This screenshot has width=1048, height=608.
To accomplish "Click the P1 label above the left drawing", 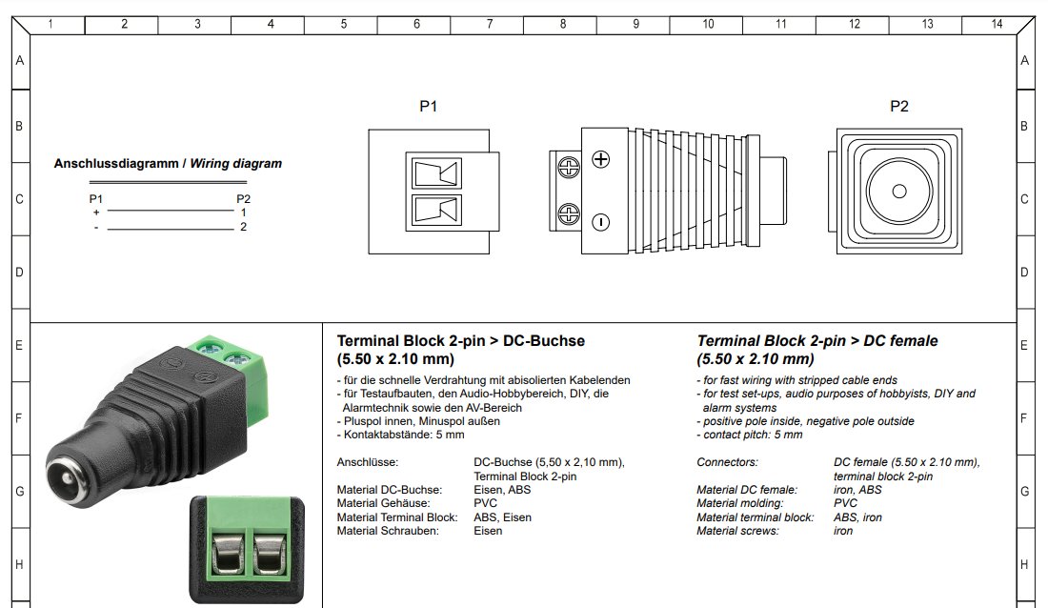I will click(429, 107).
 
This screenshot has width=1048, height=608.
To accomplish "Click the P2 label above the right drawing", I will click(899, 107).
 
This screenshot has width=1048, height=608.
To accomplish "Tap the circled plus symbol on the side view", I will click(600, 158).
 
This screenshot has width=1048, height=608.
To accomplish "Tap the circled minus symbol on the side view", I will click(600, 222).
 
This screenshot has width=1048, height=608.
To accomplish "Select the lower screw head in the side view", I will click(569, 213).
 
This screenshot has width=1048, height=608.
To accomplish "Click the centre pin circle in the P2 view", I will click(899, 191).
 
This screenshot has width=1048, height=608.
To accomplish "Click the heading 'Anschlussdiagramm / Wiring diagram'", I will click(168, 163).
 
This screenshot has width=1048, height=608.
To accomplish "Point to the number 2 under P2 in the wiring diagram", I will click(244, 227).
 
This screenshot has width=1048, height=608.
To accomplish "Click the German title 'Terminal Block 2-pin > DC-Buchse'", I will click(461, 340).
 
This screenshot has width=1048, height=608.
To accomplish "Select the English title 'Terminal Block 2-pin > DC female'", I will click(817, 340).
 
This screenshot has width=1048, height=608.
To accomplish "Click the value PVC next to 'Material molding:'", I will click(845, 503).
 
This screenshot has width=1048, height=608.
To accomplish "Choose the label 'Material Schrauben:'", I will click(388, 531).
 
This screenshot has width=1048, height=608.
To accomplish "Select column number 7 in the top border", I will click(490, 24).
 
